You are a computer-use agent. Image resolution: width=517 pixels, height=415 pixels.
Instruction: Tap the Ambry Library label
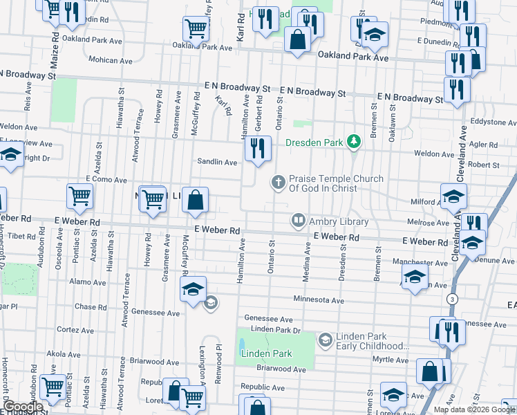click(x=339, y=221)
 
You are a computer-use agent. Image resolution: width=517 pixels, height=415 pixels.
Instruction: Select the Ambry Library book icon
click(x=299, y=221)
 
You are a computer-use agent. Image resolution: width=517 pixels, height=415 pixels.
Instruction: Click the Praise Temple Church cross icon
click(x=278, y=182)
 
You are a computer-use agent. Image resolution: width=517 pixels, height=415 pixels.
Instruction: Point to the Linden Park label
click(x=267, y=353)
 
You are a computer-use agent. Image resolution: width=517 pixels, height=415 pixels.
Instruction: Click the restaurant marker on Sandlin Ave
click(x=257, y=148)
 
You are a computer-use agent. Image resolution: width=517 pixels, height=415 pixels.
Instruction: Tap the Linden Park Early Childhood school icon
click(x=325, y=340)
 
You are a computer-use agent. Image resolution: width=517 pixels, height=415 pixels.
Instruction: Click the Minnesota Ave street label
click(x=318, y=301)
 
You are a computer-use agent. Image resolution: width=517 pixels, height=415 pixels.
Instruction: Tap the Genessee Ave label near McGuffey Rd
click(x=156, y=313)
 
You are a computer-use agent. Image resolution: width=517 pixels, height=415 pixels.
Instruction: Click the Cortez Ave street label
click(x=74, y=330)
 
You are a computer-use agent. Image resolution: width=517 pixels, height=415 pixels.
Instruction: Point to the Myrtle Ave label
click(x=391, y=360)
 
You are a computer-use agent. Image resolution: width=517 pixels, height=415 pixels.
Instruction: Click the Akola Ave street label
click(x=64, y=354)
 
